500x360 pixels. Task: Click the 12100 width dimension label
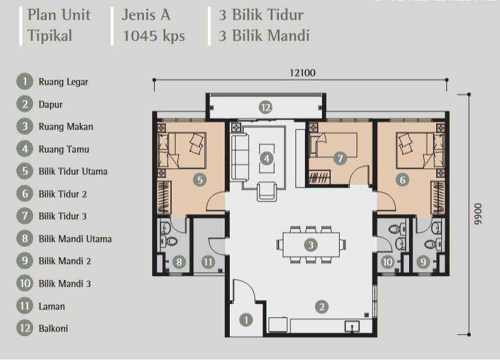302,73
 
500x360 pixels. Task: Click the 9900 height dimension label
478,214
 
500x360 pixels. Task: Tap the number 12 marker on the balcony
266,107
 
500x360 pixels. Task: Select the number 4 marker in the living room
266,159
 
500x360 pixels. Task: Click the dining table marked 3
311,245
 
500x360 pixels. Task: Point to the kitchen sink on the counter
352,327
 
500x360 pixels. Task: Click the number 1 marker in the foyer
246,320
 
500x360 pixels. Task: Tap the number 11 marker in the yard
208,262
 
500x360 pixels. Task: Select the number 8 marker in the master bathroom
179,262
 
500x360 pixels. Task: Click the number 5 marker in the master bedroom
200,179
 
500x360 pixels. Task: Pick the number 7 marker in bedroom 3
340,159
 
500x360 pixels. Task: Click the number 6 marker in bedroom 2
402,179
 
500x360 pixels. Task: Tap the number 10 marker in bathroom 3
388,262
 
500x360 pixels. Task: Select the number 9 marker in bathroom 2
423,262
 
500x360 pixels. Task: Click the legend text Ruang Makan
66,127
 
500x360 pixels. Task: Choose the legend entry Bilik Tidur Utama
73,171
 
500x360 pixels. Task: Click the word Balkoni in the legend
53,328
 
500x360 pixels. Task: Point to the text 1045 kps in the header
154,35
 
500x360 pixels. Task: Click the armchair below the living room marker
266,191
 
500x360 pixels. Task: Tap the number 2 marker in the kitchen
322,307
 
